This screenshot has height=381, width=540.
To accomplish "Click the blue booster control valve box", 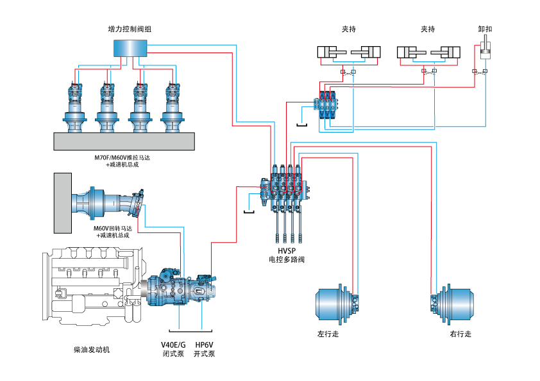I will tap(130, 49).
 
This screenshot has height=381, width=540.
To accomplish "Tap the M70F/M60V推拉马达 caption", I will tap(122, 157).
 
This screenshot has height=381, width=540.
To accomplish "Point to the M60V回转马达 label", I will tap(113, 228).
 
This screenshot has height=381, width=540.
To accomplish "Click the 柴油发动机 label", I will tap(92, 350).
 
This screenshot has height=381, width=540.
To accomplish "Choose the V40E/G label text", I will tap(173, 345).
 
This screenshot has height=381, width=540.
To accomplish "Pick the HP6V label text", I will tap(204, 345).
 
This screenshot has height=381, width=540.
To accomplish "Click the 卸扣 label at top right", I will tap(485, 29).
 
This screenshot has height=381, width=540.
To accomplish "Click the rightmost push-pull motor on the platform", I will tap(173, 106).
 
